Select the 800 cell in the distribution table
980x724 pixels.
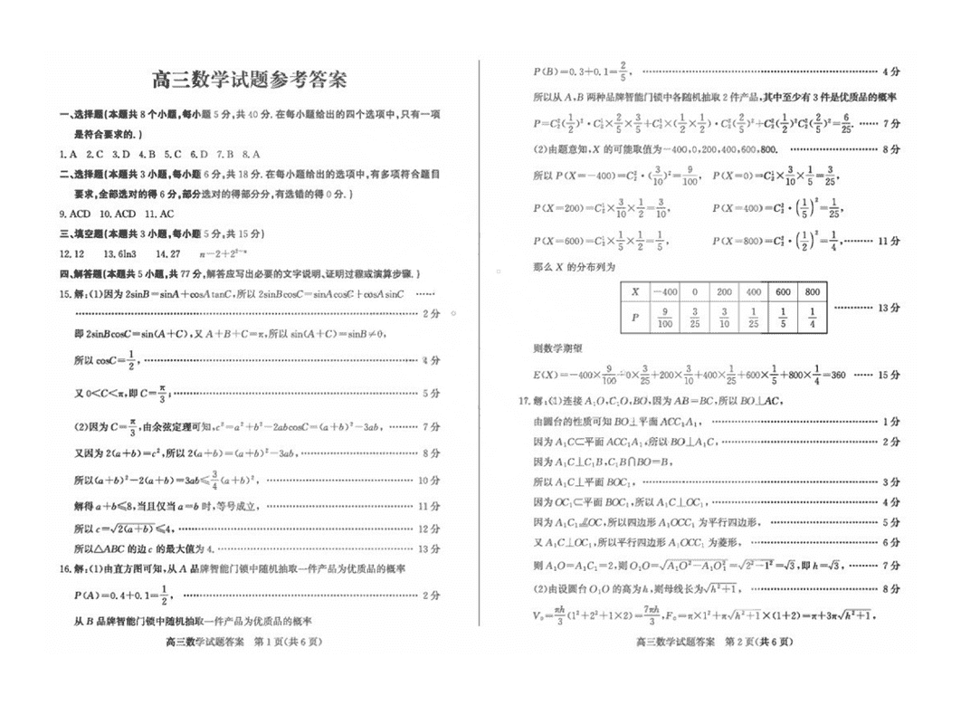click(x=812, y=292)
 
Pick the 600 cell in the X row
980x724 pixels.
click(x=783, y=292)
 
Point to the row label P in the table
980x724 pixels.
click(x=635, y=318)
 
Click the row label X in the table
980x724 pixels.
click(x=635, y=292)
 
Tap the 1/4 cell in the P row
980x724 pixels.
click(x=812, y=318)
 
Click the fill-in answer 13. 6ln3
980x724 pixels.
click(x=119, y=254)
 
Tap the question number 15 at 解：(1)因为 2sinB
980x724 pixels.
click(x=64, y=294)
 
